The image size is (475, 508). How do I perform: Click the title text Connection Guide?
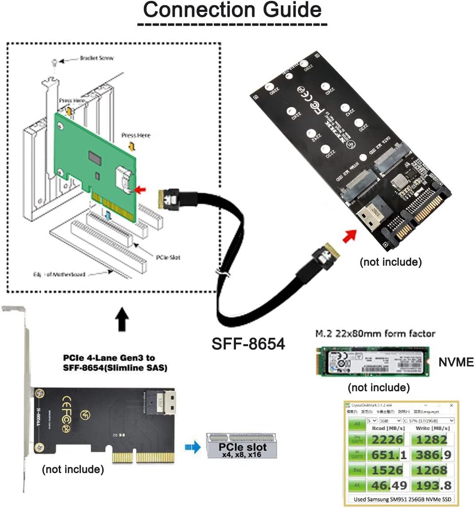(232, 10)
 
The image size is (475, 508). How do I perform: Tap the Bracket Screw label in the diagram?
(97, 58)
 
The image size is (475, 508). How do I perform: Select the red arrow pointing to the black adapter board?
(350, 236)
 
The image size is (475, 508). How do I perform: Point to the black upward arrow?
(122, 320)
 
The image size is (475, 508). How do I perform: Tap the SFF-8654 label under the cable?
(248, 344)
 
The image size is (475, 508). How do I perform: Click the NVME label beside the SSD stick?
(456, 362)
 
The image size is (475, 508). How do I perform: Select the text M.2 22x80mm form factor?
(375, 334)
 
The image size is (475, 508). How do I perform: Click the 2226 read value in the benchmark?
(387, 439)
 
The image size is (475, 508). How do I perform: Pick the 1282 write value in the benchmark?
(431, 439)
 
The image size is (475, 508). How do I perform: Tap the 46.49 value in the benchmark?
(389, 485)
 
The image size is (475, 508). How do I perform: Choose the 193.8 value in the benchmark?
(431, 485)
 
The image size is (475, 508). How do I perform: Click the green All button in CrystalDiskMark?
(357, 424)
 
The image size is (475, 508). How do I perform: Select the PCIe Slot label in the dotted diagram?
(168, 257)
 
